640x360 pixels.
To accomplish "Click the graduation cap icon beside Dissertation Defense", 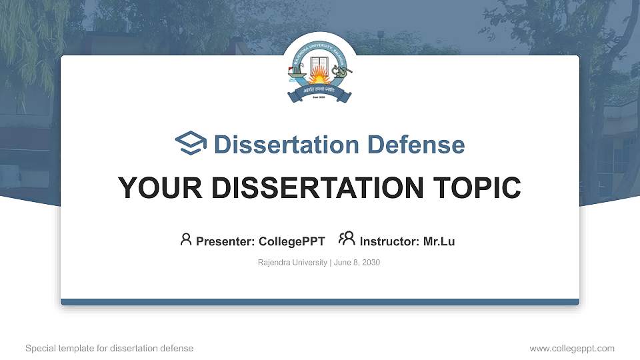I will coord(191,144).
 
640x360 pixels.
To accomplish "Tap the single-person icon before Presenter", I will coord(186,239).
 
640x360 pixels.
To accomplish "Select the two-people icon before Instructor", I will coord(347,239).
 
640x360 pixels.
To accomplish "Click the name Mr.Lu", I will coord(439,241).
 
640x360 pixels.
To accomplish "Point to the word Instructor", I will coord(387,241).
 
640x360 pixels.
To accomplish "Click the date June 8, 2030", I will coord(357,263).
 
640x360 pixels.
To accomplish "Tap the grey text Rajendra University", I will coord(292,263).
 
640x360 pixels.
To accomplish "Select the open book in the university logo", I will coord(319,65).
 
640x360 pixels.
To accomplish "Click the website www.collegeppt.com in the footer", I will coord(572,348).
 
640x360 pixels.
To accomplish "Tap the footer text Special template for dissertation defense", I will coord(109,348).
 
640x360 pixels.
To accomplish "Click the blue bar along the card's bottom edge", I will coord(320,302).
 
